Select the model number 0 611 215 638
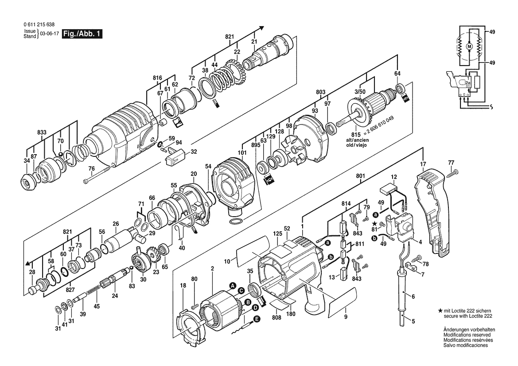point(39,25)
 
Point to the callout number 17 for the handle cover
point(423,164)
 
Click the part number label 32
point(194,152)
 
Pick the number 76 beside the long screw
point(92,169)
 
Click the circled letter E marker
point(257,319)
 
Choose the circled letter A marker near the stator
point(233,285)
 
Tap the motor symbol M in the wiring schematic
point(469,47)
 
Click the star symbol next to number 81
point(374,224)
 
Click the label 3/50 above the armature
point(360,92)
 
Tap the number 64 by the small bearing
point(397,73)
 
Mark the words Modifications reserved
point(467,335)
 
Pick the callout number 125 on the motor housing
point(277,234)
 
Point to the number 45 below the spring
point(97,306)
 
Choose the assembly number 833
point(42,132)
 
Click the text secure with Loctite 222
point(468,316)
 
